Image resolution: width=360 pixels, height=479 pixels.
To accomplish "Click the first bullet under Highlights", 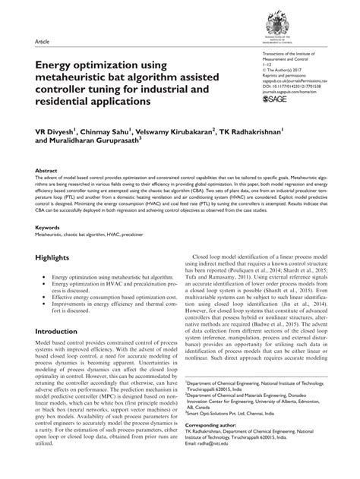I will pyautogui.click(x=105, y=301).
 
